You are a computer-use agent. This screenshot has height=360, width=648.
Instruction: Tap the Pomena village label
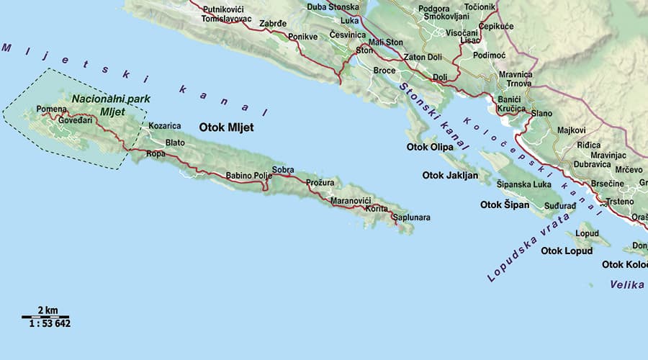pos(51,109)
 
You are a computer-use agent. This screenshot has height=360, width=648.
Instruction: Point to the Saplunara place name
pos(410,217)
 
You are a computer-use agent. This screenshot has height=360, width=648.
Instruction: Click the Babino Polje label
pos(249,176)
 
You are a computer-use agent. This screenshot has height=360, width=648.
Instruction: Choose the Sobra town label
pos(283,170)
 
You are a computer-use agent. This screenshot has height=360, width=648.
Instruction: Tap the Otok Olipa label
pos(430,148)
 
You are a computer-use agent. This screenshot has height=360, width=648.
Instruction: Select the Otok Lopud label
pos(567,251)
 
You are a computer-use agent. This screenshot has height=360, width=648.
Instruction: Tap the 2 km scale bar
pos(46,314)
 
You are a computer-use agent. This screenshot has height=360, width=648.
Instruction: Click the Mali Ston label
pos(385,42)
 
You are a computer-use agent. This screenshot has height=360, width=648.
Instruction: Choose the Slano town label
pos(541,114)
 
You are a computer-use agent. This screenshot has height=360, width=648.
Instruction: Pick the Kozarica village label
pos(164,126)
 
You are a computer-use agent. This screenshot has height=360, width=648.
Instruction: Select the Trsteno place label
pos(619,202)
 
